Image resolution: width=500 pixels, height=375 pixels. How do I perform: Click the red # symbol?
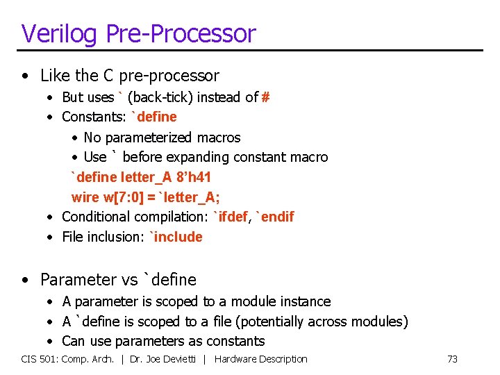265,97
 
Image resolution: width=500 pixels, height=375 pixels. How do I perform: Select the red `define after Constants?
154,117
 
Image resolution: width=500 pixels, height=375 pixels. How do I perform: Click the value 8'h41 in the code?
194,177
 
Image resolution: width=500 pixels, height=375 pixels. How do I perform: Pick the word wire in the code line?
85,197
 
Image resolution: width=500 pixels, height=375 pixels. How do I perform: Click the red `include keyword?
176,237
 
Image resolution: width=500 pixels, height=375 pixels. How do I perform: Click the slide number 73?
452,359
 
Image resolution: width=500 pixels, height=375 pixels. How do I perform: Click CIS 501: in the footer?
40,359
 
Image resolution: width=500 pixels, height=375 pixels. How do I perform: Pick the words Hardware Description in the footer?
261,359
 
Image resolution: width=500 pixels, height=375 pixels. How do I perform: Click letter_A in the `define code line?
148,177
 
